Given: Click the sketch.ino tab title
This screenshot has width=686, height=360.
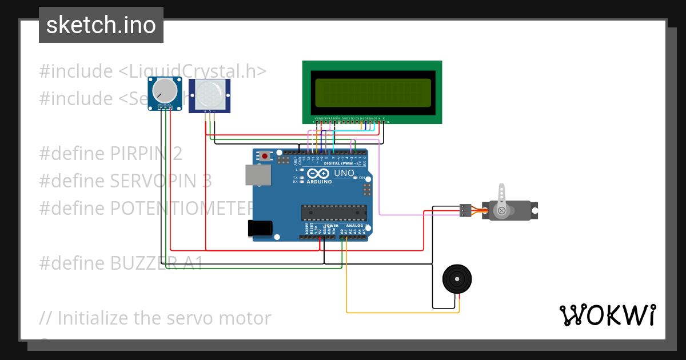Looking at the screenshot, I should (x=101, y=25).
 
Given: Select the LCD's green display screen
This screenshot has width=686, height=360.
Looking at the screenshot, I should (x=372, y=93).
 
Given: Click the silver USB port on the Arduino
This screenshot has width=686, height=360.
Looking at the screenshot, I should (x=258, y=175).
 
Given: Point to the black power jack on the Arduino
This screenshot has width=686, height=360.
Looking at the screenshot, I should (x=258, y=228).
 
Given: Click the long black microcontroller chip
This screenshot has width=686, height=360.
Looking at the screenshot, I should (x=334, y=213).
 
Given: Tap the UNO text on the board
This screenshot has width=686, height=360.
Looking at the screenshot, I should (x=344, y=173).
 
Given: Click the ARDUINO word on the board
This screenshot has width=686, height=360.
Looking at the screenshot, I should (x=319, y=182).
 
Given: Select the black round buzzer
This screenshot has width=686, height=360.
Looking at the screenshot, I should (x=457, y=279).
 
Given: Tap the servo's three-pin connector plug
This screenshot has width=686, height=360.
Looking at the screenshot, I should (x=466, y=211).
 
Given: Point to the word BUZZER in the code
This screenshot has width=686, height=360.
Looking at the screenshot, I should (x=145, y=263).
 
